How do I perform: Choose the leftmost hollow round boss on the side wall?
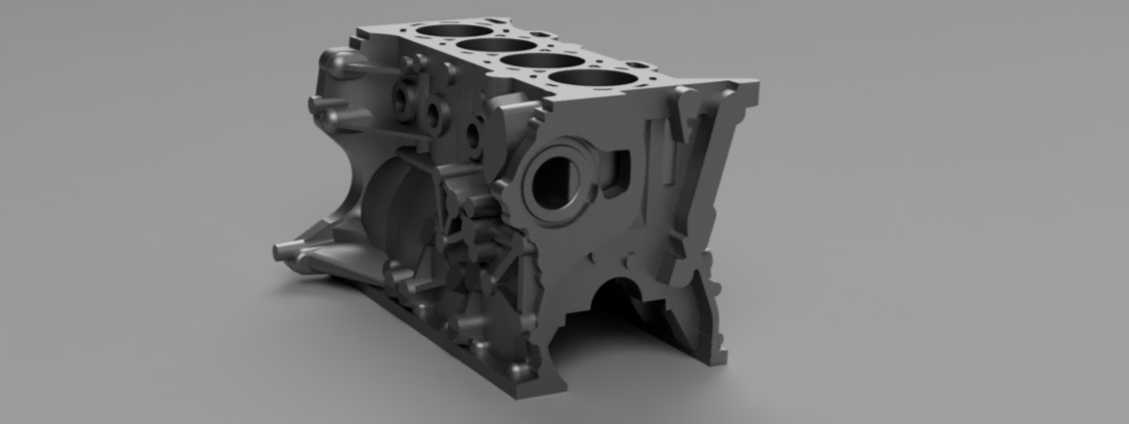click(402, 98)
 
